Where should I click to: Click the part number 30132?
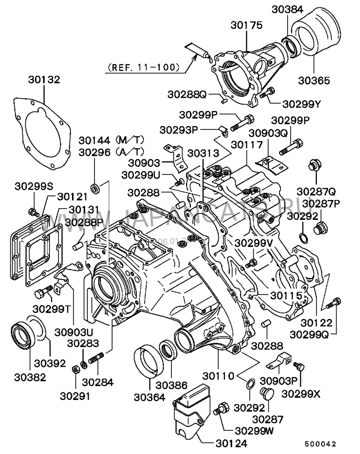coord(44,80)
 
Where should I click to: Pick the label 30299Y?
coord(301,104)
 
